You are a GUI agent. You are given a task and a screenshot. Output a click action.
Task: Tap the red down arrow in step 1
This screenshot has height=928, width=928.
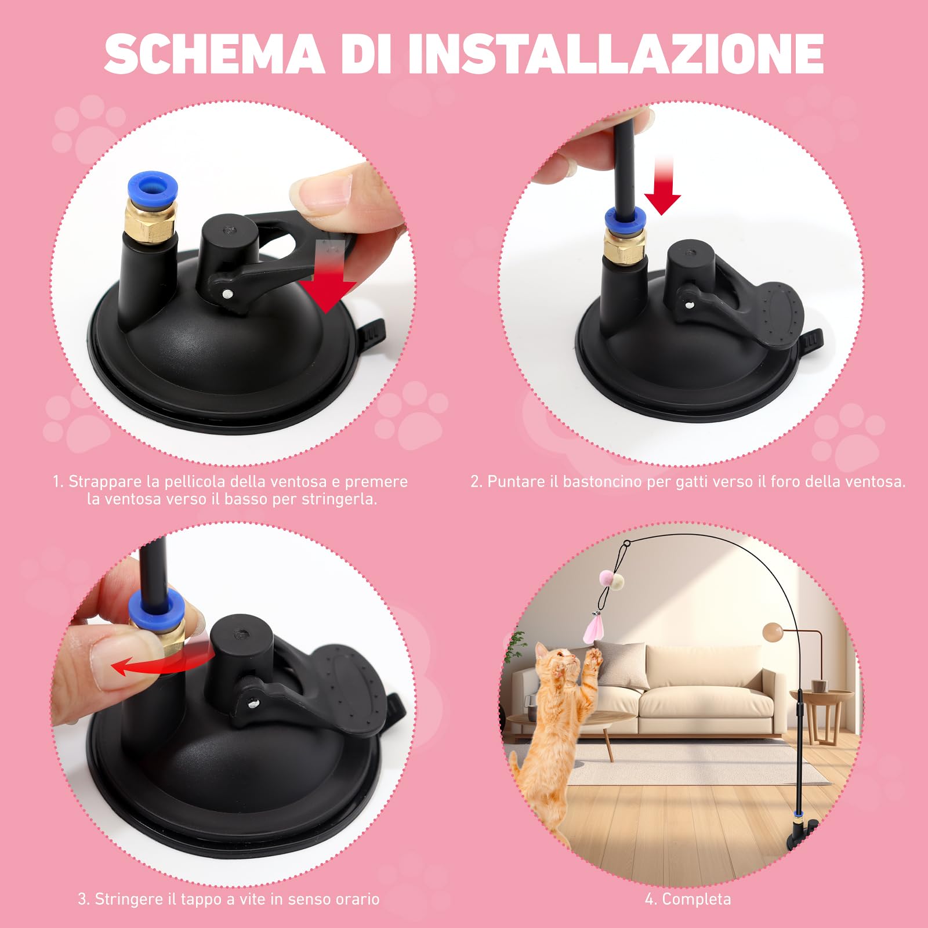click(328, 284)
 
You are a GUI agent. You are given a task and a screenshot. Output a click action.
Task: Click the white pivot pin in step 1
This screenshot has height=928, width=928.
click(228, 293)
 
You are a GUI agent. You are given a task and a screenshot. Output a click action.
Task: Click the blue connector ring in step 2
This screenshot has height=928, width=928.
click(625, 219)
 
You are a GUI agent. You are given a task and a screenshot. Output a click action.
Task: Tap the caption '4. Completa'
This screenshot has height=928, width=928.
click(688, 899)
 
